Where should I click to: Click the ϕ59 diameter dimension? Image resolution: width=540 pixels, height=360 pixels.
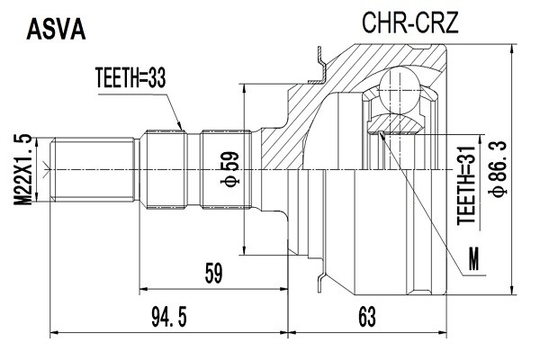(x=231, y=168)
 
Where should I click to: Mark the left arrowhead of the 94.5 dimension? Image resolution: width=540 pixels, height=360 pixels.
(x=53, y=334)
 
